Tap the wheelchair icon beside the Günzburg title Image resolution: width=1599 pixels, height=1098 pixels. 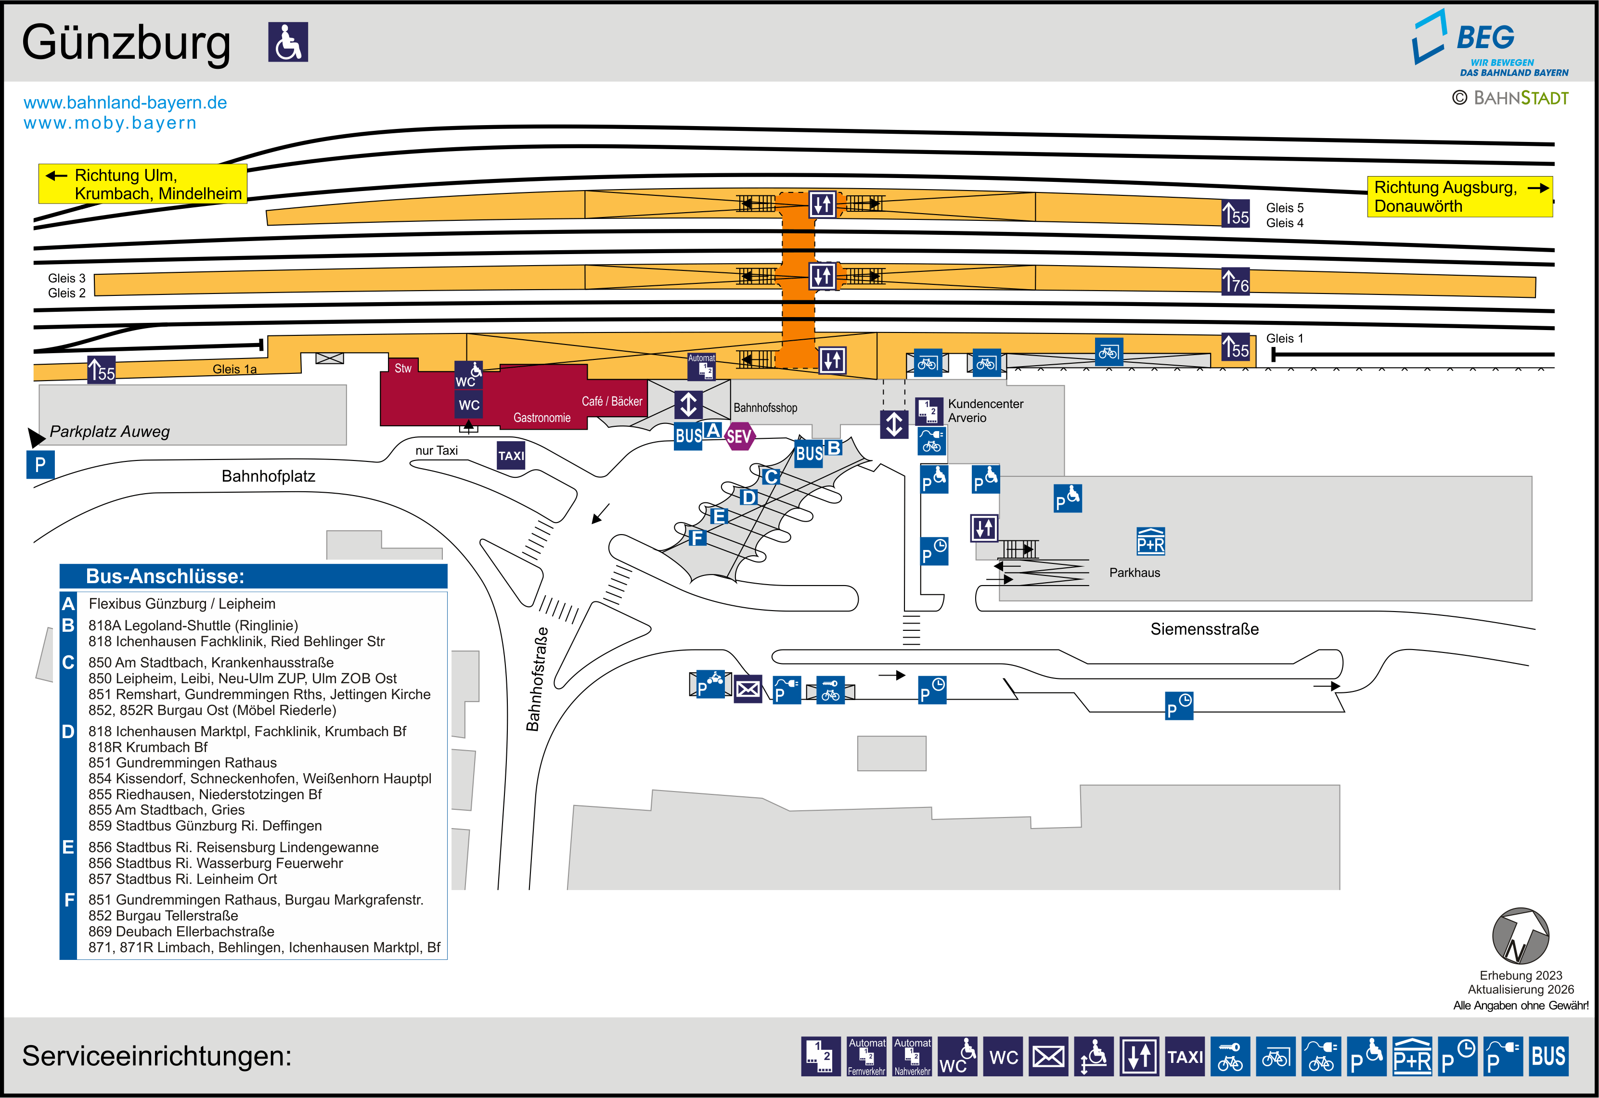pyautogui.click(x=288, y=42)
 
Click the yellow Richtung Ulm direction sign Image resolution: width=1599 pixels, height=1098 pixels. pyautogui.click(x=142, y=184)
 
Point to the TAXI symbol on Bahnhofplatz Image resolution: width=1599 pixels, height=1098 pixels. pyautogui.click(x=511, y=456)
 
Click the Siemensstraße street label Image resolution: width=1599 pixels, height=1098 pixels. pyautogui.click(x=1204, y=629)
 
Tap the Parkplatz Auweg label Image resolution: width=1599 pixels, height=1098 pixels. pyautogui.click(x=109, y=431)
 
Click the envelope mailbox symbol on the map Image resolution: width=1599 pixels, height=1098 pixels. pyautogui.click(x=748, y=689)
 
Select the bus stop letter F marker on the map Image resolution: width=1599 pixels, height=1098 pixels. pyautogui.click(x=697, y=537)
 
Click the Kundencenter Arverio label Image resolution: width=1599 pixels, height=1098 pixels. pyautogui.click(x=985, y=411)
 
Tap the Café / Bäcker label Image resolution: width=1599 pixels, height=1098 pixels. pyautogui.click(x=612, y=401)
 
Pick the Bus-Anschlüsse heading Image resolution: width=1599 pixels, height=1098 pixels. pyautogui.click(x=165, y=576)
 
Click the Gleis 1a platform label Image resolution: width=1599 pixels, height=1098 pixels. pyautogui.click(x=234, y=370)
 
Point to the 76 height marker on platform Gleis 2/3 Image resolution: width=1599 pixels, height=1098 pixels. pyautogui.click(x=1235, y=281)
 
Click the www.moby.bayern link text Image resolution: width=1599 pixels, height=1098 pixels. pyautogui.click(x=110, y=123)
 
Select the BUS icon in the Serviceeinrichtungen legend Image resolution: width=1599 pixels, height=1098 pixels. pyautogui.click(x=1548, y=1056)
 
